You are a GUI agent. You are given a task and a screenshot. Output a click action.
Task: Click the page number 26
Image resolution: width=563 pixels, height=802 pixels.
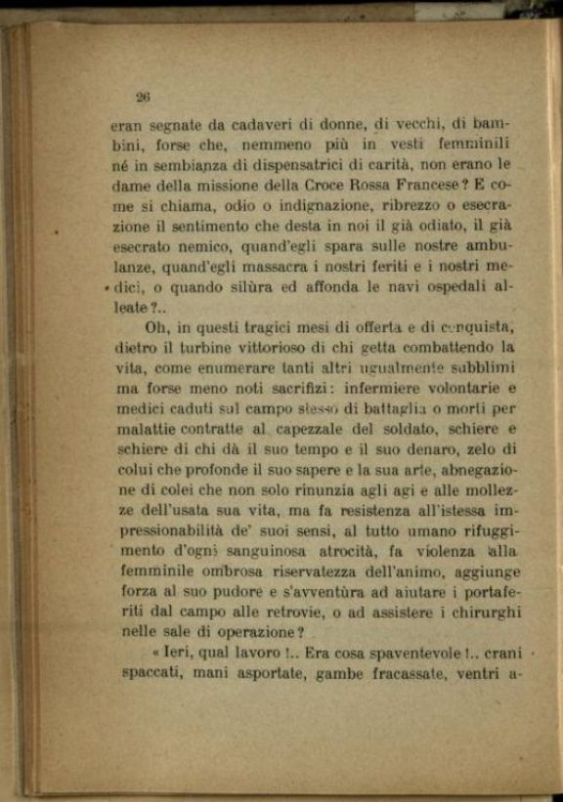[142, 97]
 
